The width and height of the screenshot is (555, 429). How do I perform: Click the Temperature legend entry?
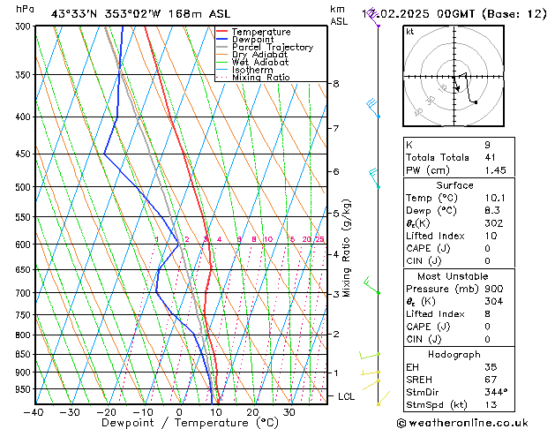pos(260,32)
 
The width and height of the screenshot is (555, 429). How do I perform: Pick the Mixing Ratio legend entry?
pos(260,78)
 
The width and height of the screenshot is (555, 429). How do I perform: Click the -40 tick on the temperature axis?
pos(34,412)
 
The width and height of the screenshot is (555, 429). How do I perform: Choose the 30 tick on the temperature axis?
pos(289,412)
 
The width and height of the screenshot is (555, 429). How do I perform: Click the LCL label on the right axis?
pos(347,397)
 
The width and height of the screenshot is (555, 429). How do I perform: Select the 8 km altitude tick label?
pos(336,84)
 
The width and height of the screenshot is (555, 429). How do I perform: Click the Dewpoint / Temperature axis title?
pos(178,424)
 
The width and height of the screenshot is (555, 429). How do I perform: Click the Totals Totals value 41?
pos(490,157)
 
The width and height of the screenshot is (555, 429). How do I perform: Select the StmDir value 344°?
pos(496,391)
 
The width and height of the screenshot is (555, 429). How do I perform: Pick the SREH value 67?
pos(490,379)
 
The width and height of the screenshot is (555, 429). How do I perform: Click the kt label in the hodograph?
pos(410,31)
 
